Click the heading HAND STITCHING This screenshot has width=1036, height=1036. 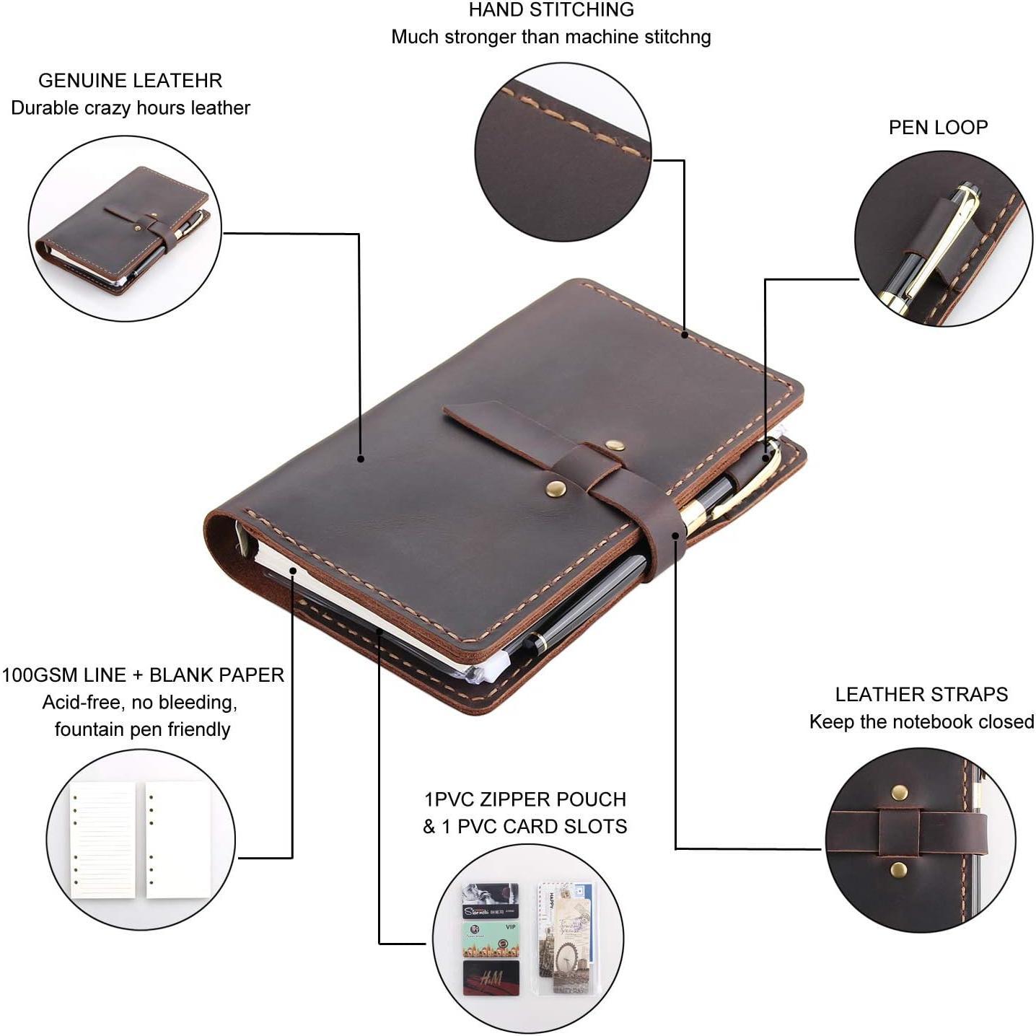click(551, 10)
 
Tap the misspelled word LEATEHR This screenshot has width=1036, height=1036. click(182, 81)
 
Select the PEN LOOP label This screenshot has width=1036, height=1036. click(938, 128)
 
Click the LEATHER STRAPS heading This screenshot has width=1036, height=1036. click(921, 695)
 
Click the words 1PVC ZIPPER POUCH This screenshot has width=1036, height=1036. click(525, 799)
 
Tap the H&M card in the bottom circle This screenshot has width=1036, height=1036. click(491, 978)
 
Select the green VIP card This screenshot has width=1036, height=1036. click(491, 939)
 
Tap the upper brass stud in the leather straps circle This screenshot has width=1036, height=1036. click(899, 793)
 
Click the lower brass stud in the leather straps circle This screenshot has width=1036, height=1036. click(899, 869)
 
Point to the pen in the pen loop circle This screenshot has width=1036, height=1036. click(931, 245)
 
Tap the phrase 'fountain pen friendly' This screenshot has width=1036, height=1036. click(142, 729)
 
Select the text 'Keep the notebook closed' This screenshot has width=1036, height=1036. click(921, 722)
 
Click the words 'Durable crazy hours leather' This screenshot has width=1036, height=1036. click(131, 108)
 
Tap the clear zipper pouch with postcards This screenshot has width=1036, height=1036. click(566, 938)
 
